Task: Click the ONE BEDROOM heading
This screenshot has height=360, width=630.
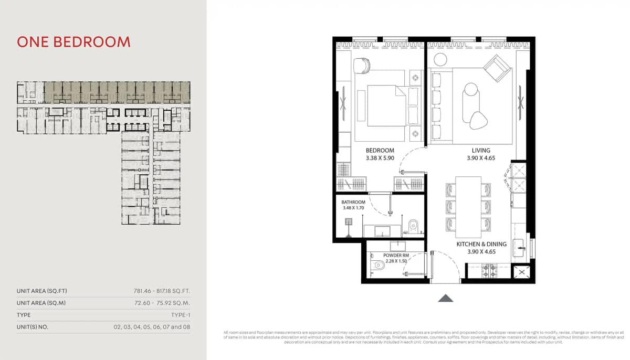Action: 73,42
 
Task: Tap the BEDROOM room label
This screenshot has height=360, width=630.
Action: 380,151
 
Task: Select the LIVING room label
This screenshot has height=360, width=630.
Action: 481,151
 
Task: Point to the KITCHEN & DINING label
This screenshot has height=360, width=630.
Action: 481,244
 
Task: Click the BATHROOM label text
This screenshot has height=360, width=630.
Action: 353,202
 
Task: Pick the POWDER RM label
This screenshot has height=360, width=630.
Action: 396,256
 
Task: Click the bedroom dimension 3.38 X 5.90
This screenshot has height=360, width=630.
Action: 380,157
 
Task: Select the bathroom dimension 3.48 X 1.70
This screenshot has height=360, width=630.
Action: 353,208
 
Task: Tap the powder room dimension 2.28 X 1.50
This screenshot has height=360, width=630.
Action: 396,261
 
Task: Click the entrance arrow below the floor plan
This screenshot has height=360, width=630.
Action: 446,298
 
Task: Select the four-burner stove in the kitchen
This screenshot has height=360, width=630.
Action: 489,271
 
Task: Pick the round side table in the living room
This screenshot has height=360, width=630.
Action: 439,59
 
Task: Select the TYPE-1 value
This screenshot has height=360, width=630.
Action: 181,315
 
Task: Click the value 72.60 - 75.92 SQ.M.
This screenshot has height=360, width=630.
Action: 162,303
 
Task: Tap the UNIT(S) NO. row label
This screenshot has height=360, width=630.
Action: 33,327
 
